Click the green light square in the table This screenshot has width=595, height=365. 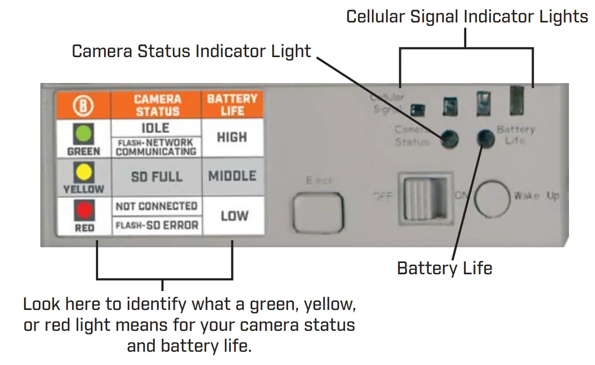coord(84,133)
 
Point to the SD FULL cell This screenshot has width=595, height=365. coord(156,176)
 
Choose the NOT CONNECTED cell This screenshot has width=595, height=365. coord(156,206)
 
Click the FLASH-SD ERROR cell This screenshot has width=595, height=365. coord(156,225)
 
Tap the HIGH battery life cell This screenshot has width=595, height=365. coord(232,137)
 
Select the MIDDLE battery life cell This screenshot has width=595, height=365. coord(232,176)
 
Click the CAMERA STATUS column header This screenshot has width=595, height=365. coord(157,105)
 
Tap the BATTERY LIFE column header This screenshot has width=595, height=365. coord(232,105)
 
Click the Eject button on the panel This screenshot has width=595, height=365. coord(318,213)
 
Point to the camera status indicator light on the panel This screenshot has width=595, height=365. coord(449,138)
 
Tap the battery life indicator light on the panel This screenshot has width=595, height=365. coord(486,138)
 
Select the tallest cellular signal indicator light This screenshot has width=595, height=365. coord(516,100)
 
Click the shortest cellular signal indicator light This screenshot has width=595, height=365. coord(419,109)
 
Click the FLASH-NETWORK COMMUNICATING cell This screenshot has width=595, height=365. coord(156,147)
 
